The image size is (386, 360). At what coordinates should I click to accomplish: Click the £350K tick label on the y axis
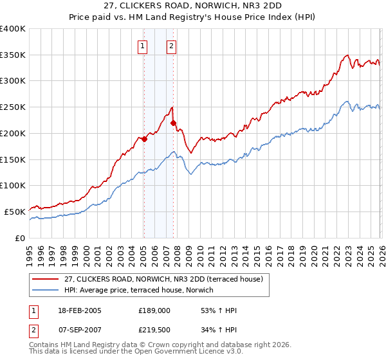[12, 55]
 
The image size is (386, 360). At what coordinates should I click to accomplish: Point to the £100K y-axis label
[12, 186]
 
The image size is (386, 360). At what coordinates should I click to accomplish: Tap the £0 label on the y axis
[20, 238]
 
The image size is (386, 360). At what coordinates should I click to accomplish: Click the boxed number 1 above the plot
[142, 46]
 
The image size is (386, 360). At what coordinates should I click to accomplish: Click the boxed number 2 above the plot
[172, 46]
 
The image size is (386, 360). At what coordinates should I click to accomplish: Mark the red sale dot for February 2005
[145, 138]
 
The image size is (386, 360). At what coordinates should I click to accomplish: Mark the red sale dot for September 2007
[174, 123]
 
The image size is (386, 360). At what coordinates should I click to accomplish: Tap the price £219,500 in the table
[154, 328]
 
